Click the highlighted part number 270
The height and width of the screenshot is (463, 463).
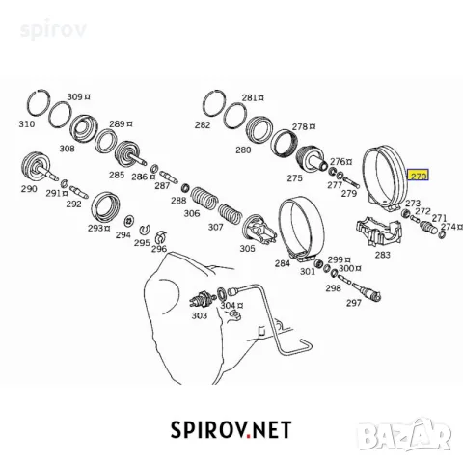tap(419, 176)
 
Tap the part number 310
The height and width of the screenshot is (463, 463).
tap(27, 123)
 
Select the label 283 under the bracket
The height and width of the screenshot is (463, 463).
tap(382, 255)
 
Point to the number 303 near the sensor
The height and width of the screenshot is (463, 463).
tap(200, 315)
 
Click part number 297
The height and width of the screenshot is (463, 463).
tap(354, 303)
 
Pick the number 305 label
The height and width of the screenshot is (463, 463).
tap(247, 248)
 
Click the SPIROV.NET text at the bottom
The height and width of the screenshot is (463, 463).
tap(231, 430)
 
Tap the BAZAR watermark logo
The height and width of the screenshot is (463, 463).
tap(406, 434)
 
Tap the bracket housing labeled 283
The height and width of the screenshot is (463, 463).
tap(379, 231)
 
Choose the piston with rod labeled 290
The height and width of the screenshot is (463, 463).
tap(39, 168)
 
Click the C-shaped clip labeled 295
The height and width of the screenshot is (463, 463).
tap(145, 230)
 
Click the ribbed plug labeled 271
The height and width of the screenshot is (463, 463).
tap(428, 227)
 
